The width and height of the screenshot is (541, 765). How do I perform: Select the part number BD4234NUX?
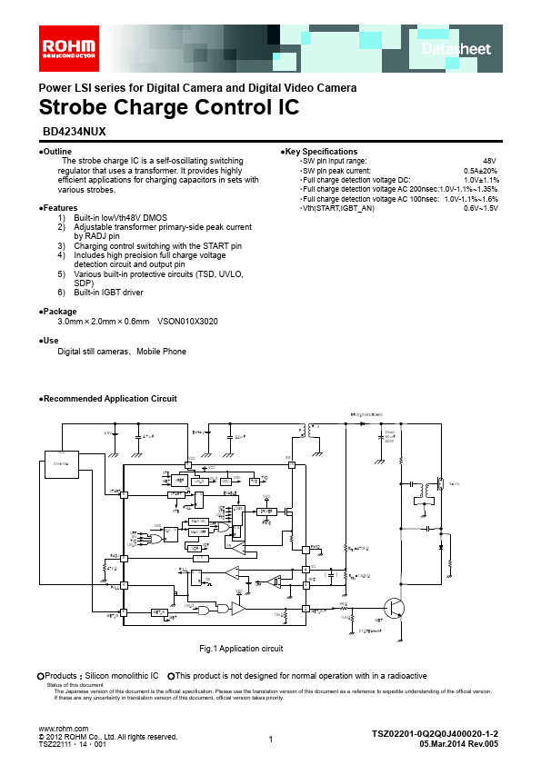[75, 131]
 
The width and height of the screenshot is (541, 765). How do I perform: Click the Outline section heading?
[57, 151]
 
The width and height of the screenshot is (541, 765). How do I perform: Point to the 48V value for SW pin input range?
[489, 160]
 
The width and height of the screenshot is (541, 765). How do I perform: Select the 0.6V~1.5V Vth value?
[481, 208]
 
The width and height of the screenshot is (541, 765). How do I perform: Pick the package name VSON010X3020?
[187, 322]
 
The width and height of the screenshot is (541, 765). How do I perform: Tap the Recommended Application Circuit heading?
[109, 399]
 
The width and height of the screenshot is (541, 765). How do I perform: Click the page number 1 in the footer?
[271, 740]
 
